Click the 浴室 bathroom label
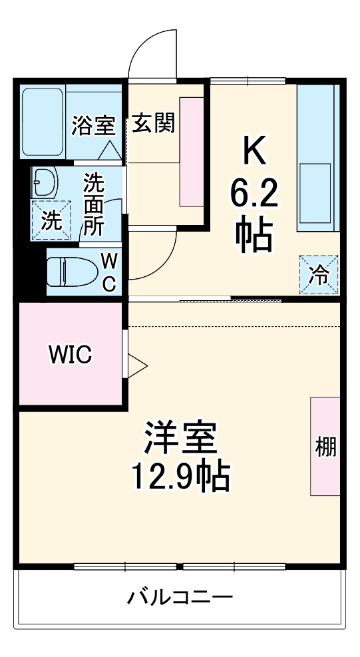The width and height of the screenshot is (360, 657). [94, 125]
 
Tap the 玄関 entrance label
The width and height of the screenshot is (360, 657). [153, 124]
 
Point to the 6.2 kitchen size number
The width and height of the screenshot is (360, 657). [254, 194]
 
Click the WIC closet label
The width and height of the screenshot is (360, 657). [69, 355]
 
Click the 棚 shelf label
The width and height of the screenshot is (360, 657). [325, 447]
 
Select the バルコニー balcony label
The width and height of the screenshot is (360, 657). [180, 596]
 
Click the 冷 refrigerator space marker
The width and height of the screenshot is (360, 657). [320, 274]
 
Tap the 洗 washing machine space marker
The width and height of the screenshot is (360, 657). [51, 220]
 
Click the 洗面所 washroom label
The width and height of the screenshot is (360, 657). [93, 204]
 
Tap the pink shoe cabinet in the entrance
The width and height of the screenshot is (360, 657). [191, 151]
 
